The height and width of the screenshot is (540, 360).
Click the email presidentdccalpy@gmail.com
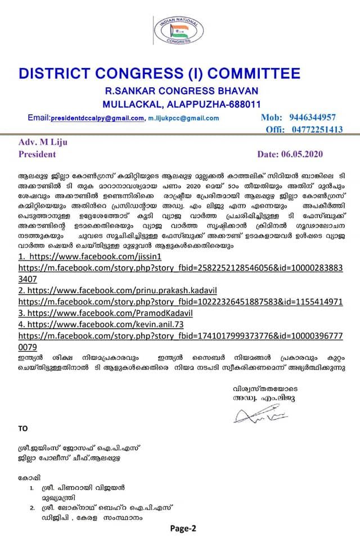pos(97,119)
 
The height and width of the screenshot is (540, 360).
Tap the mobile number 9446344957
pos(313,118)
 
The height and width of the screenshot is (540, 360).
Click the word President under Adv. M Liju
pos(38,154)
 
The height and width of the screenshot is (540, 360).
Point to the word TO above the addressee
pos(23,428)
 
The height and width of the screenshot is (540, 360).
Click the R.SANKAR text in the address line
pos(129,91)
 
